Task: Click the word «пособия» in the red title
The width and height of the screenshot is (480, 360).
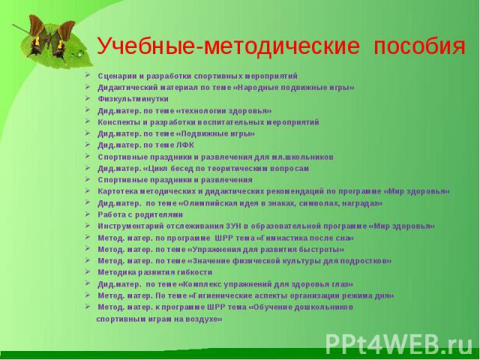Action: point(419,46)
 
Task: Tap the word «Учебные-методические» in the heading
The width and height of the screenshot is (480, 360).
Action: point(228,46)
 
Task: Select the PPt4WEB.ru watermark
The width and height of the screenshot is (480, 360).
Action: point(399,344)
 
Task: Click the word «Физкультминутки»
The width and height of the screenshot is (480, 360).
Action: point(133,99)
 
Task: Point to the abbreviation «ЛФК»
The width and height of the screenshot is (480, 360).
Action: point(185,145)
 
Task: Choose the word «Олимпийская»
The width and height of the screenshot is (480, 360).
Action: point(207,203)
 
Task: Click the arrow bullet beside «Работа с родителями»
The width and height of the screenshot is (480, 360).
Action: point(88,214)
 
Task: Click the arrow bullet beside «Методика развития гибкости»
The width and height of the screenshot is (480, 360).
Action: point(88,271)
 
